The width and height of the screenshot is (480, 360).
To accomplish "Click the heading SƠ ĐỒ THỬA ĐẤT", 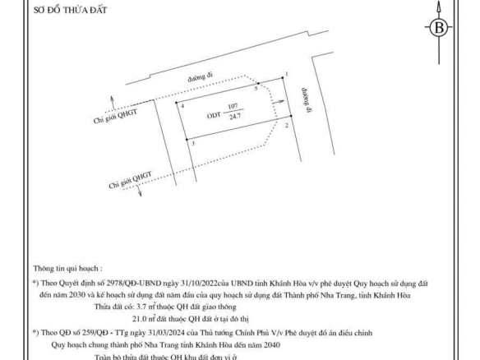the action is coord(70,10).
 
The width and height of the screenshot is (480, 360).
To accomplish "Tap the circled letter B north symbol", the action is coord(439,28).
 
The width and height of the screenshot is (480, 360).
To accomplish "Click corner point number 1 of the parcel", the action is coord(283,78).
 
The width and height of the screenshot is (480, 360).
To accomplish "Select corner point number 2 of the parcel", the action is coord(291,116).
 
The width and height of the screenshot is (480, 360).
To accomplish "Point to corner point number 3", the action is coord(187,140).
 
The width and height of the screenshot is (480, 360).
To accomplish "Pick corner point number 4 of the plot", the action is coord(177,103).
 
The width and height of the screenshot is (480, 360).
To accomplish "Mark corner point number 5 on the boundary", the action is coord(258,83).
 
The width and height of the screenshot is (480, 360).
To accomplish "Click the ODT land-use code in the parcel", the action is coord(214,115).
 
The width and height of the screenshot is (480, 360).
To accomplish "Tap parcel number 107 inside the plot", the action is coord(233,106).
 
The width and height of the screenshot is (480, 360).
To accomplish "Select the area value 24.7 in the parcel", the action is coord(235,117).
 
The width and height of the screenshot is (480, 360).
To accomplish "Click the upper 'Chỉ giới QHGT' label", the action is coord(115,117).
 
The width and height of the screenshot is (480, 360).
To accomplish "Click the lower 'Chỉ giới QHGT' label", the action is coord(131,180).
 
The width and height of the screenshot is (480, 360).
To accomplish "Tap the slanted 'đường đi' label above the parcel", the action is coord(201,76).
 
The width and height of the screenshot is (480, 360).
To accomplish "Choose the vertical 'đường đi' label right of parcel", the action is coord(306,100).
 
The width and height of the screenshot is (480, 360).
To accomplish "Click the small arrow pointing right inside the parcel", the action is coord(279,102).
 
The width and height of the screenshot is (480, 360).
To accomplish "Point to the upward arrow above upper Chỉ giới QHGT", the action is coord(113,103).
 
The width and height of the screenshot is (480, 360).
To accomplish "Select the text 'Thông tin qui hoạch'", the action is coord(66,269).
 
